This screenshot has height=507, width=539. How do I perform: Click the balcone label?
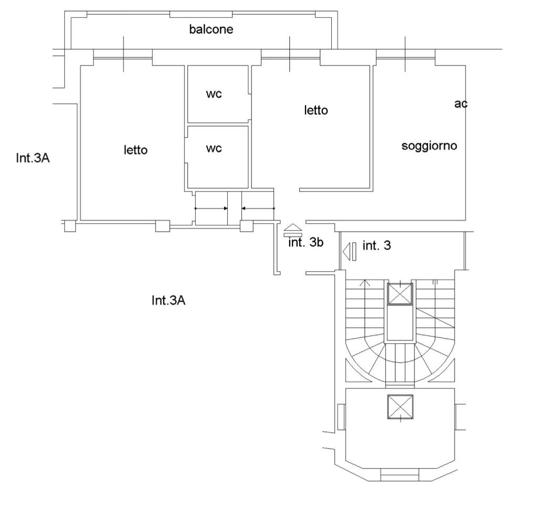click(x=211, y=29)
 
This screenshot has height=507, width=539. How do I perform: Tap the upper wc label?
click(x=213, y=94)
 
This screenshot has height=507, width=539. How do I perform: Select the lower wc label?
click(x=213, y=148)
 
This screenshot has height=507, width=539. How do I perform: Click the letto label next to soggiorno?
click(x=316, y=111)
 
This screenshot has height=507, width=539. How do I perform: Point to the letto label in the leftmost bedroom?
click(x=136, y=150)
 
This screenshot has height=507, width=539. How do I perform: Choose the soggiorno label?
click(x=429, y=146)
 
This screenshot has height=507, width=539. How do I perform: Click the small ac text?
click(x=461, y=104)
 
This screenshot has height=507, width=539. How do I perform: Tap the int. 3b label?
click(x=305, y=243)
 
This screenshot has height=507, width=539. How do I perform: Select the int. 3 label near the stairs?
click(x=377, y=245)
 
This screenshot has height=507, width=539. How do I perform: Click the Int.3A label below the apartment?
click(x=168, y=301)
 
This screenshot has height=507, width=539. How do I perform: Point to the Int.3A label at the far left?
click(x=33, y=158)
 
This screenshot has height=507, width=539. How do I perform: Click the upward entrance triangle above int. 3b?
click(x=293, y=228)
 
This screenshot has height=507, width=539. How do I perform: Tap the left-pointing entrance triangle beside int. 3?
click(x=347, y=251)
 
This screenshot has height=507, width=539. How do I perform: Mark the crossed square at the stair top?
click(x=400, y=294)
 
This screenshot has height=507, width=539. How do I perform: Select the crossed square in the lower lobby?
click(x=400, y=407)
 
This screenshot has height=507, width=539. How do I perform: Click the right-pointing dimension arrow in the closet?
click(x=211, y=208)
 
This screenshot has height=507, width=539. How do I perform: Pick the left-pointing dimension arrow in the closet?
click(x=258, y=208)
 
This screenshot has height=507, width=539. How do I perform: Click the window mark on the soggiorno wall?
click(x=405, y=54)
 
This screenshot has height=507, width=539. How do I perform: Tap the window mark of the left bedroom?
click(x=123, y=54)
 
